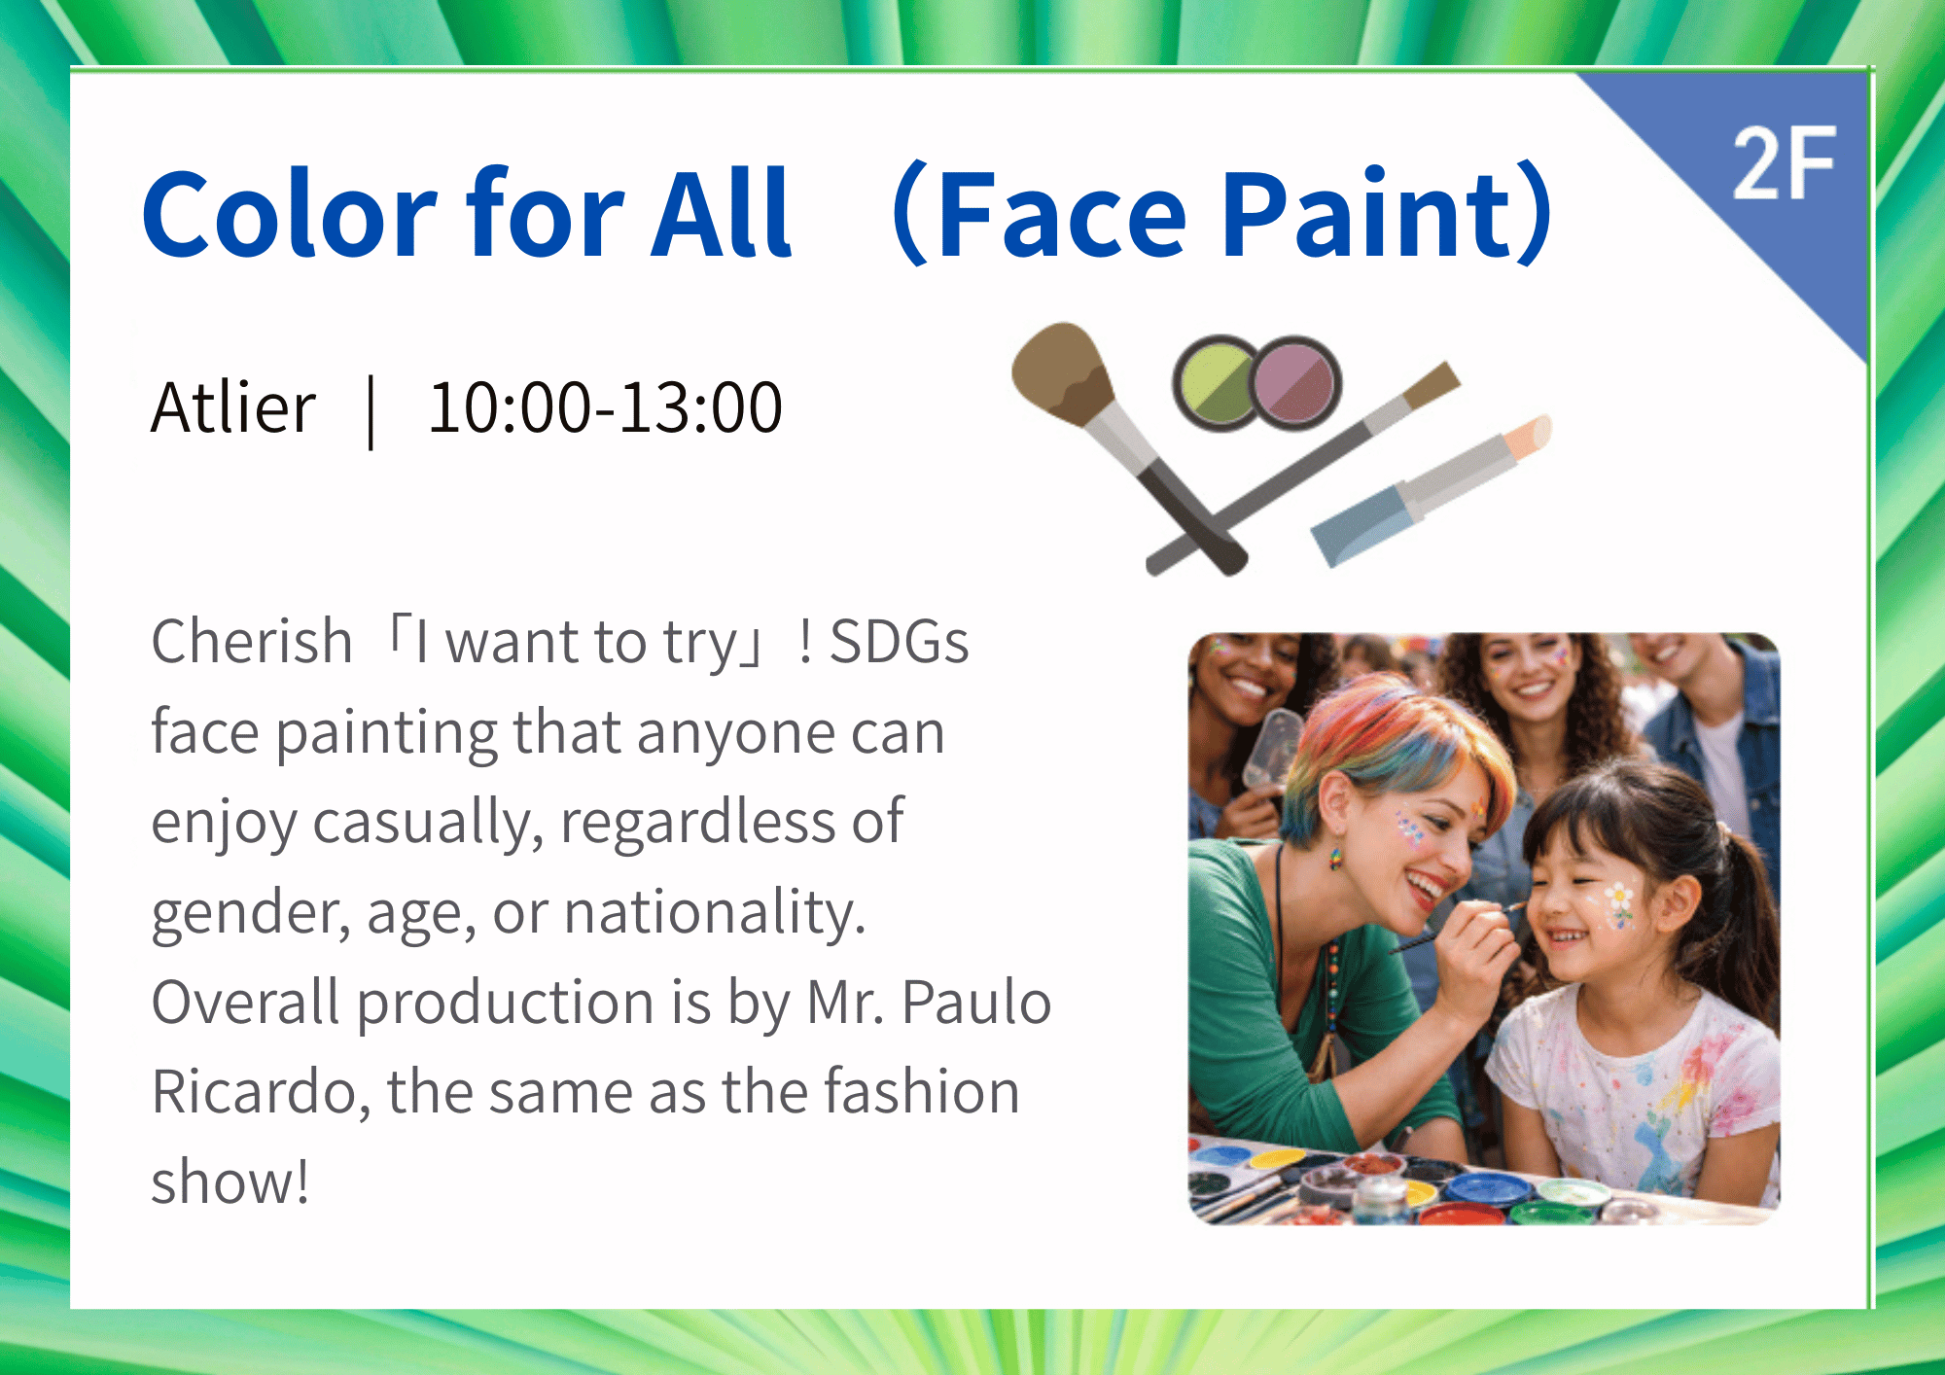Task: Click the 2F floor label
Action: tap(1784, 163)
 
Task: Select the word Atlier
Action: tap(233, 406)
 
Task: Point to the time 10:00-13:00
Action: tap(605, 406)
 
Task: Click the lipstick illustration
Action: tap(1431, 490)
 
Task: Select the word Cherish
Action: tap(252, 642)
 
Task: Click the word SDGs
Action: tap(900, 642)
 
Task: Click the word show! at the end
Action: tap(230, 1181)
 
